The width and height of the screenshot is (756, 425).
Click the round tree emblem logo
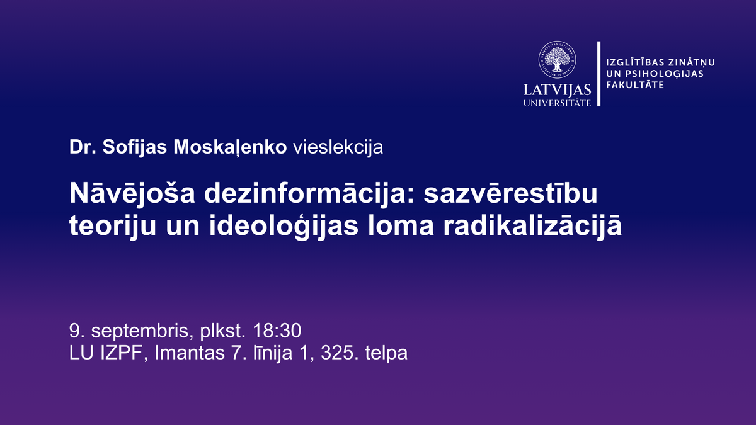coord(557,60)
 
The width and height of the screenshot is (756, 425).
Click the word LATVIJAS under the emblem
coord(557,90)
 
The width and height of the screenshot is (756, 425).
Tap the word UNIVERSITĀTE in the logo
coord(557,103)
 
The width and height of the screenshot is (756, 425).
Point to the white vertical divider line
coord(599,74)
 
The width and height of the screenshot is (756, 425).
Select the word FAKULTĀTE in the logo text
coord(635,84)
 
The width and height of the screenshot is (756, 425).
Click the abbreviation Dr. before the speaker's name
coord(83,147)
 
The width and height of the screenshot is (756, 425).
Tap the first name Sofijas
coord(135,148)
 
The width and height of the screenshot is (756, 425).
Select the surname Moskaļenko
coord(230,148)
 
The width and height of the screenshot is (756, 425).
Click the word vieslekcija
coord(338,148)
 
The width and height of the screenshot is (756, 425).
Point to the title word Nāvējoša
coord(132,193)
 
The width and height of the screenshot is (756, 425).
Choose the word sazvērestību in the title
coord(511,193)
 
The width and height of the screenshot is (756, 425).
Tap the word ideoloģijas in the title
coord(284,225)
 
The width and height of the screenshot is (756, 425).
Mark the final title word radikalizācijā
coord(532,225)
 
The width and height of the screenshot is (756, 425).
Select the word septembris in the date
coord(142,331)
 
